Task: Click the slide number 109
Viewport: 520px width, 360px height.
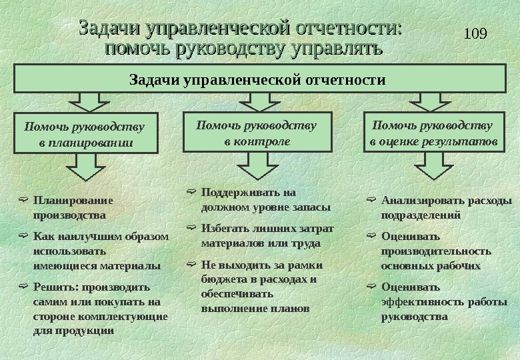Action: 475,33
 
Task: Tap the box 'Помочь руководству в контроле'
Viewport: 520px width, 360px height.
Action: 257,133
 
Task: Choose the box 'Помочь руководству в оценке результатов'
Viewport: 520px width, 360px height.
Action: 434,133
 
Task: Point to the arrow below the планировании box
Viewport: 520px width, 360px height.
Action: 85,167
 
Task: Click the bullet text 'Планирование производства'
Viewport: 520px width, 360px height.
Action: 73,207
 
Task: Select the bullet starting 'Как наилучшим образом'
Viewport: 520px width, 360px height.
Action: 100,250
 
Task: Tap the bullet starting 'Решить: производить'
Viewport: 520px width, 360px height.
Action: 100,308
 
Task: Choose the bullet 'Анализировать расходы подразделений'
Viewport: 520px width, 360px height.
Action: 446,207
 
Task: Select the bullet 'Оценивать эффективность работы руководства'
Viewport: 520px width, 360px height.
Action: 443,301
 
